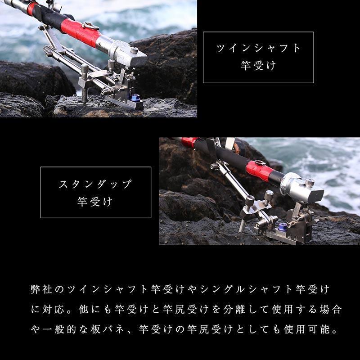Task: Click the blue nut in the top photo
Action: (x=134, y=97)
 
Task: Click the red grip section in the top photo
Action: (x=81, y=32)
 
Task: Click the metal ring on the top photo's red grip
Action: (x=90, y=26)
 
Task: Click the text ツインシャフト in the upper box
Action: (x=258, y=49)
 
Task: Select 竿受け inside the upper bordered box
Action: (x=258, y=66)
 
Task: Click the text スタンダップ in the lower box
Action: (x=96, y=184)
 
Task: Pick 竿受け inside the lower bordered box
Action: (x=96, y=201)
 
